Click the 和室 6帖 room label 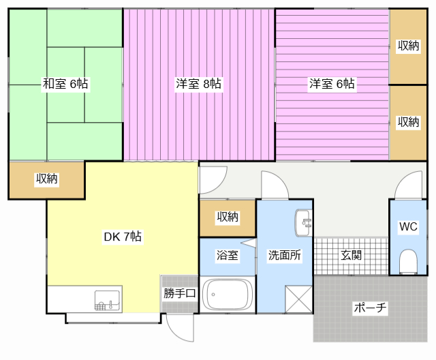(65, 83)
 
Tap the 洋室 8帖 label (198, 83)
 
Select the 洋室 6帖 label (332, 83)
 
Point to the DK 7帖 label (123, 237)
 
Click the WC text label (408, 226)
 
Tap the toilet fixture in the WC (408, 262)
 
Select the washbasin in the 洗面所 (303, 223)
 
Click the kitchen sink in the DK (108, 301)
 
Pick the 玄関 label (351, 255)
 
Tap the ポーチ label (370, 307)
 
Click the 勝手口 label (180, 293)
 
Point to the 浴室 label (227, 255)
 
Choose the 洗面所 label (285, 255)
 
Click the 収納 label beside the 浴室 (228, 217)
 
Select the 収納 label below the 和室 (46, 179)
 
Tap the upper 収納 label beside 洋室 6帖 (408, 46)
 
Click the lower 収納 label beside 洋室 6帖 (408, 122)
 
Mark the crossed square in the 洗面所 (298, 299)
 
